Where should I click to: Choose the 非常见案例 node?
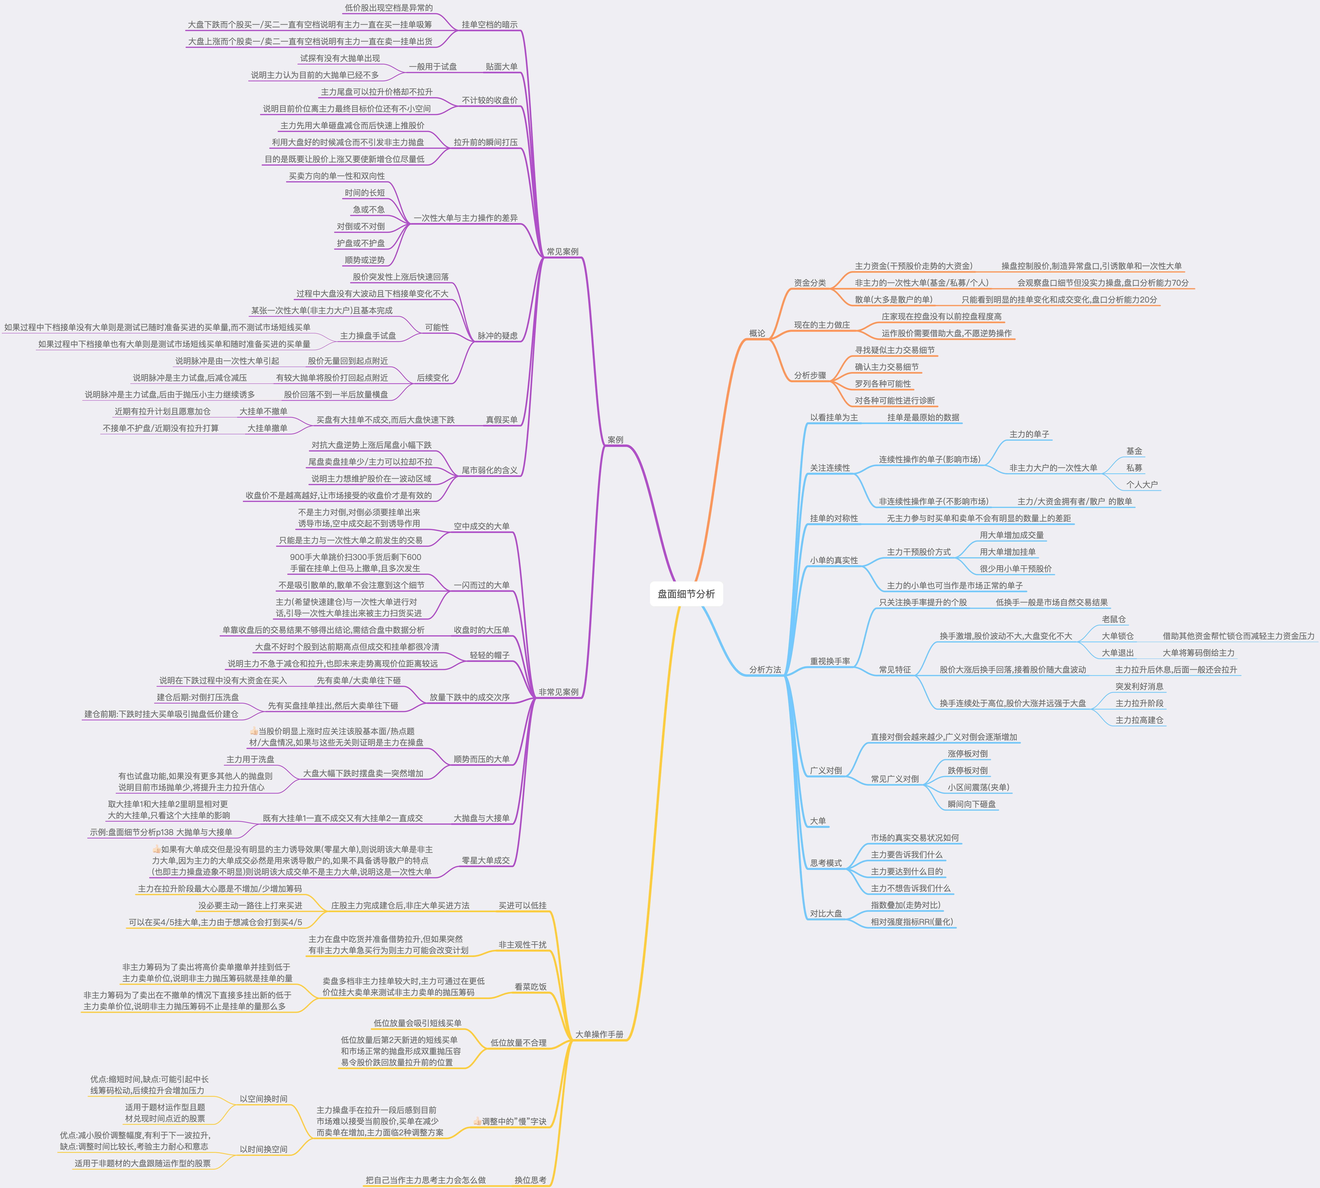coord(558,692)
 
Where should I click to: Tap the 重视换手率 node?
coord(830,661)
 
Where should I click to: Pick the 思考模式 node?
coord(826,863)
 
